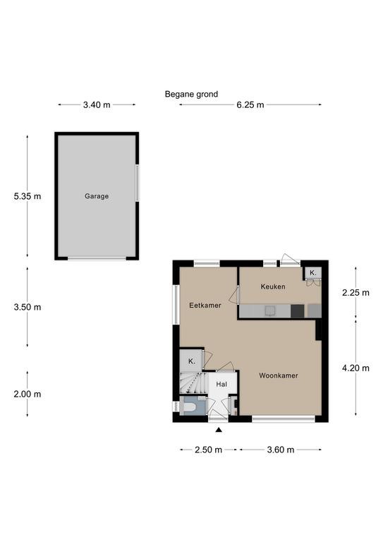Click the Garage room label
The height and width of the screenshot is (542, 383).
[97, 196]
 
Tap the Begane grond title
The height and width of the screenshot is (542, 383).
[191, 94]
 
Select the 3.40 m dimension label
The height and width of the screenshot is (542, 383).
[97, 104]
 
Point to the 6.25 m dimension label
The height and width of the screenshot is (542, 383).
[250, 104]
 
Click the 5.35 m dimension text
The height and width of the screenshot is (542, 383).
[28, 196]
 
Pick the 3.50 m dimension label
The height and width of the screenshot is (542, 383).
[28, 307]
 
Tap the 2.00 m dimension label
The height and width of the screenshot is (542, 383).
[28, 394]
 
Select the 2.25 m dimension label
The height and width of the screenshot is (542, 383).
[355, 293]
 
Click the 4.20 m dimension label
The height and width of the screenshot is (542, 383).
[355, 368]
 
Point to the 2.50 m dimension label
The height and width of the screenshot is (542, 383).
[209, 450]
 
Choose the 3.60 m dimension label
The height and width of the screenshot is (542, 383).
[281, 450]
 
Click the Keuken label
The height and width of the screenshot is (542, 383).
[273, 287]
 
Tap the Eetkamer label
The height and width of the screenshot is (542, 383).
[205, 306]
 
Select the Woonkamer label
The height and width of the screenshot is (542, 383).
[279, 375]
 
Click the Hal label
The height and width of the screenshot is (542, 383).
[221, 385]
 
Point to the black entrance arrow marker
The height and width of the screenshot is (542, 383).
[219, 430]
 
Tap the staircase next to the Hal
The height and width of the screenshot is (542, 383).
[193, 383]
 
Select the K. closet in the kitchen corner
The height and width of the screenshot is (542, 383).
[313, 273]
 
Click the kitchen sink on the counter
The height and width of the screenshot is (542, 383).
[270, 311]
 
